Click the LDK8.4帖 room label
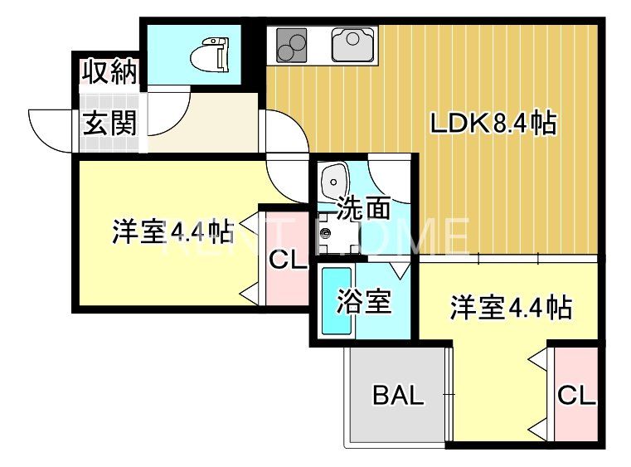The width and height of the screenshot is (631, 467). (492, 124)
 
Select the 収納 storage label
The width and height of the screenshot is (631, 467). (109, 73)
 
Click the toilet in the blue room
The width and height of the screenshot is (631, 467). (209, 56)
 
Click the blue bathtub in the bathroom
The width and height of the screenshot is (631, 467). (335, 303)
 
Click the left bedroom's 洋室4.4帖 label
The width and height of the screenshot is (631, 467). (172, 231)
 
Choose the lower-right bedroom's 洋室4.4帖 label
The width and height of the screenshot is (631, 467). (510, 309)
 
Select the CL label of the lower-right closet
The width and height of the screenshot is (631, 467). (575, 396)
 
